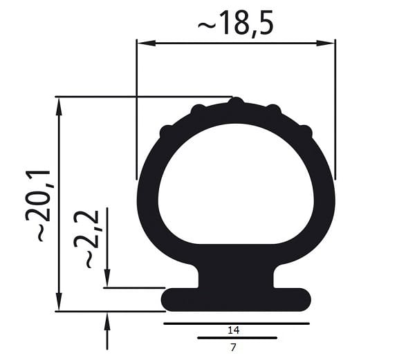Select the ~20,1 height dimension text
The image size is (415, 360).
pyautogui.click(x=39, y=204)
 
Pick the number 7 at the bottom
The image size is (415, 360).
pyautogui.click(x=232, y=348)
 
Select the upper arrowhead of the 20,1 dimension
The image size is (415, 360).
pyautogui.click(x=59, y=106)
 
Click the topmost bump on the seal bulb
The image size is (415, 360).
pyautogui.click(x=236, y=102)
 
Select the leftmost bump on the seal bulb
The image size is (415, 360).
pyautogui.click(x=165, y=131)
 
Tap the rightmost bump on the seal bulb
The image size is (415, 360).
pyautogui.click(x=306, y=131)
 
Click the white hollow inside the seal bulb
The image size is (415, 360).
pyautogui.click(x=235, y=183)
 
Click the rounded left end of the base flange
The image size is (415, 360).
pyautogui.click(x=169, y=299)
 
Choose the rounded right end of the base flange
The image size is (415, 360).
pyautogui.click(x=303, y=299)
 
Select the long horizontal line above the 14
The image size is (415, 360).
pyautogui.click(x=236, y=323)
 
